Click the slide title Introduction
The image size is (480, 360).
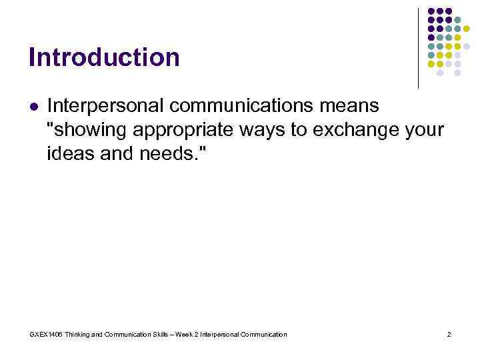(104, 57)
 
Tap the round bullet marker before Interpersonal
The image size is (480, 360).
(34, 106)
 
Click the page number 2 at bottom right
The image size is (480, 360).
(449, 334)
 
